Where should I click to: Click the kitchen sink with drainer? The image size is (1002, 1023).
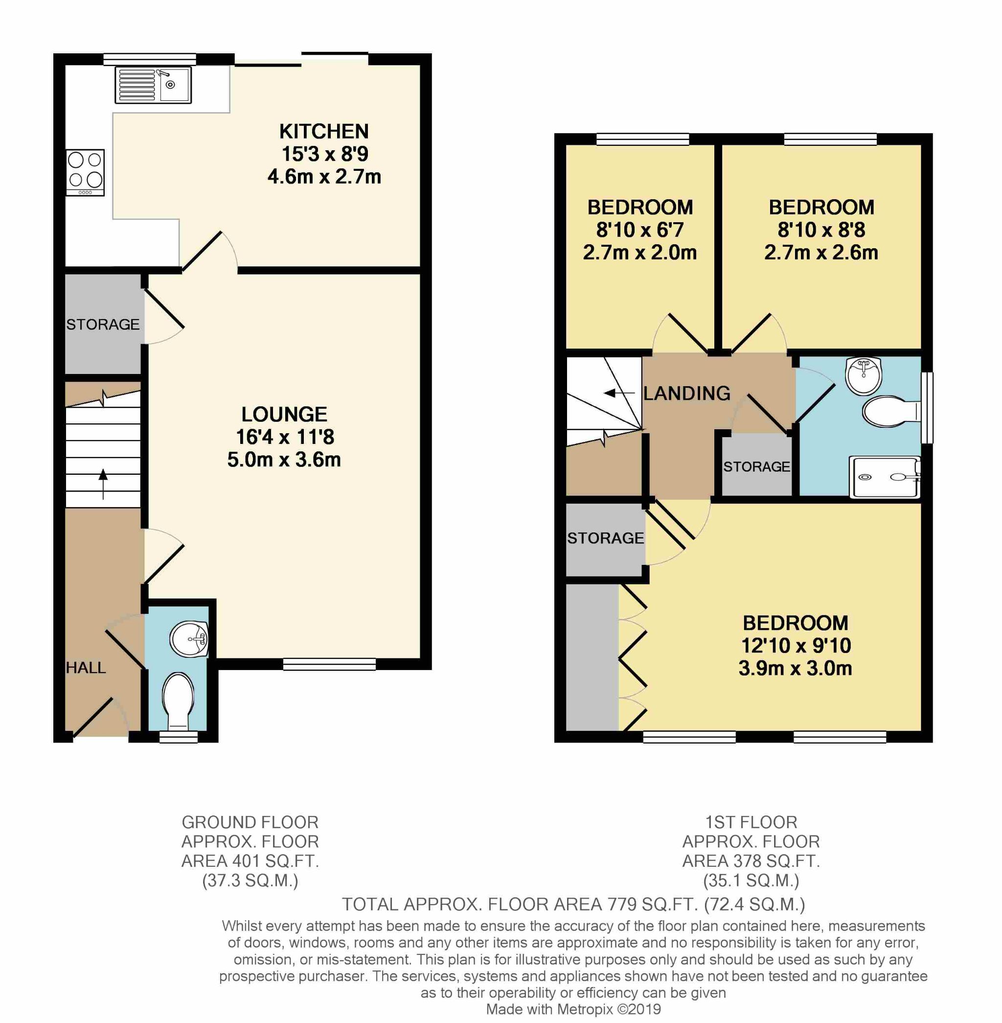click(x=153, y=85)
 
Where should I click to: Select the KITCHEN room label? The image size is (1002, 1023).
click(x=324, y=131)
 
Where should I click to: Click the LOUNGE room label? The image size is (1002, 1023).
click(x=284, y=415)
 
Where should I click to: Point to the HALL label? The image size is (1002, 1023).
click(x=86, y=668)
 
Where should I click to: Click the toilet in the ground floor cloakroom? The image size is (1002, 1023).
click(x=178, y=701)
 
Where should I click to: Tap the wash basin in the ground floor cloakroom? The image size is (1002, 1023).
click(x=189, y=640)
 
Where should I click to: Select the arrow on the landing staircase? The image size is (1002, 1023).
click(x=619, y=393)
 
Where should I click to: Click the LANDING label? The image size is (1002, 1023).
click(x=687, y=394)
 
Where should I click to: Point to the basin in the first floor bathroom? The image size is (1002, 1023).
click(x=863, y=375)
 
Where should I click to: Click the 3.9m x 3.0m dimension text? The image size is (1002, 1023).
click(x=795, y=668)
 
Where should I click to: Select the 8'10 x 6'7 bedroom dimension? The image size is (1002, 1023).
click(x=640, y=230)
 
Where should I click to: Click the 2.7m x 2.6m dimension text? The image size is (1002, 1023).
click(x=821, y=252)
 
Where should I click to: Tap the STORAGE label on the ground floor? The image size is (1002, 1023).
click(x=103, y=325)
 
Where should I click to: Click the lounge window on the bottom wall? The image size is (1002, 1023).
click(x=329, y=664)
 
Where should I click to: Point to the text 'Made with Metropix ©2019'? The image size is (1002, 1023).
click(x=573, y=1009)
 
